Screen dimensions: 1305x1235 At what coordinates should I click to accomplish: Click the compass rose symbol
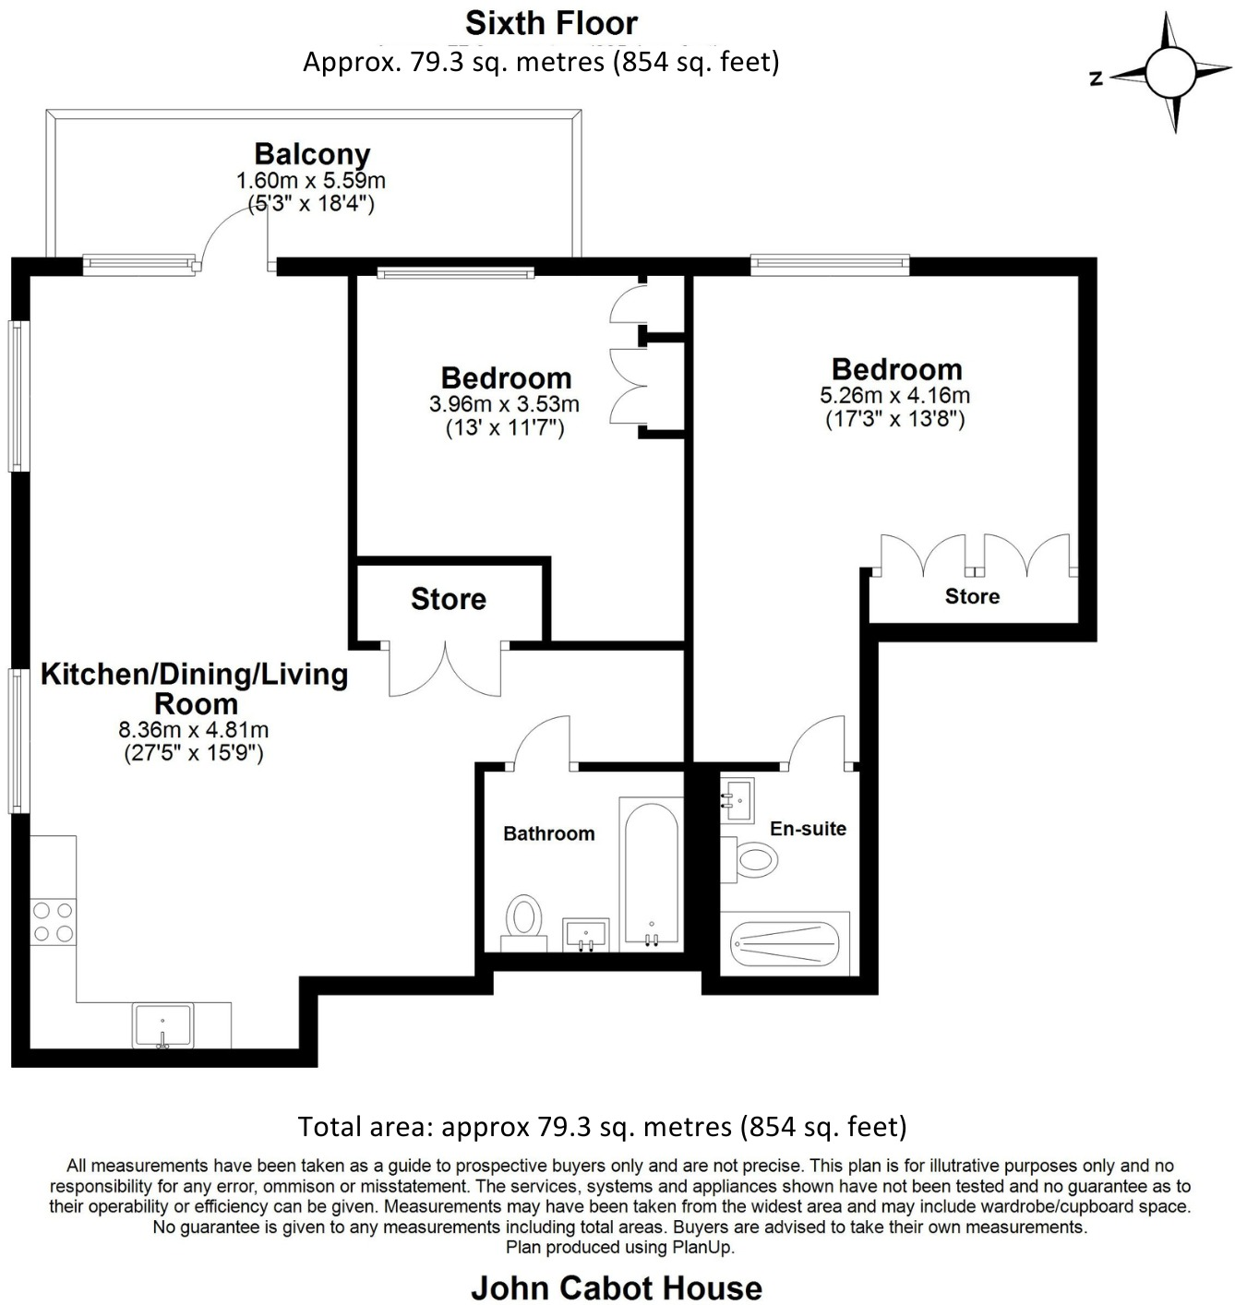(x=1173, y=73)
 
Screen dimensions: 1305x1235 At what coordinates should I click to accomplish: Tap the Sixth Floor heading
(x=551, y=22)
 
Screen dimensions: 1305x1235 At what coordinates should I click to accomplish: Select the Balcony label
(x=312, y=153)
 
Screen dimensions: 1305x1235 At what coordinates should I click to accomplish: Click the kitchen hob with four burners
(x=54, y=922)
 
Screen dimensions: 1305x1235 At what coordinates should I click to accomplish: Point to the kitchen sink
(x=162, y=1025)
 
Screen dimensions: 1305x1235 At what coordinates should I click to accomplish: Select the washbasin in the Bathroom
(x=586, y=933)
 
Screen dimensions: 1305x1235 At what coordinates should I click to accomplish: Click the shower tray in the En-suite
(x=785, y=943)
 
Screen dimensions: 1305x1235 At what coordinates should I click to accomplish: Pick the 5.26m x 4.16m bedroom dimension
(x=894, y=396)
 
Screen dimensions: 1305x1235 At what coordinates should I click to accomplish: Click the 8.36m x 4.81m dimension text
(x=194, y=729)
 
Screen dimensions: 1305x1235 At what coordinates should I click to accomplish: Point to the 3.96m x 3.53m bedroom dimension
(x=504, y=404)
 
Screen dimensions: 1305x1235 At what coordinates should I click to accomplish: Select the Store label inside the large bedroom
(x=972, y=596)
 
